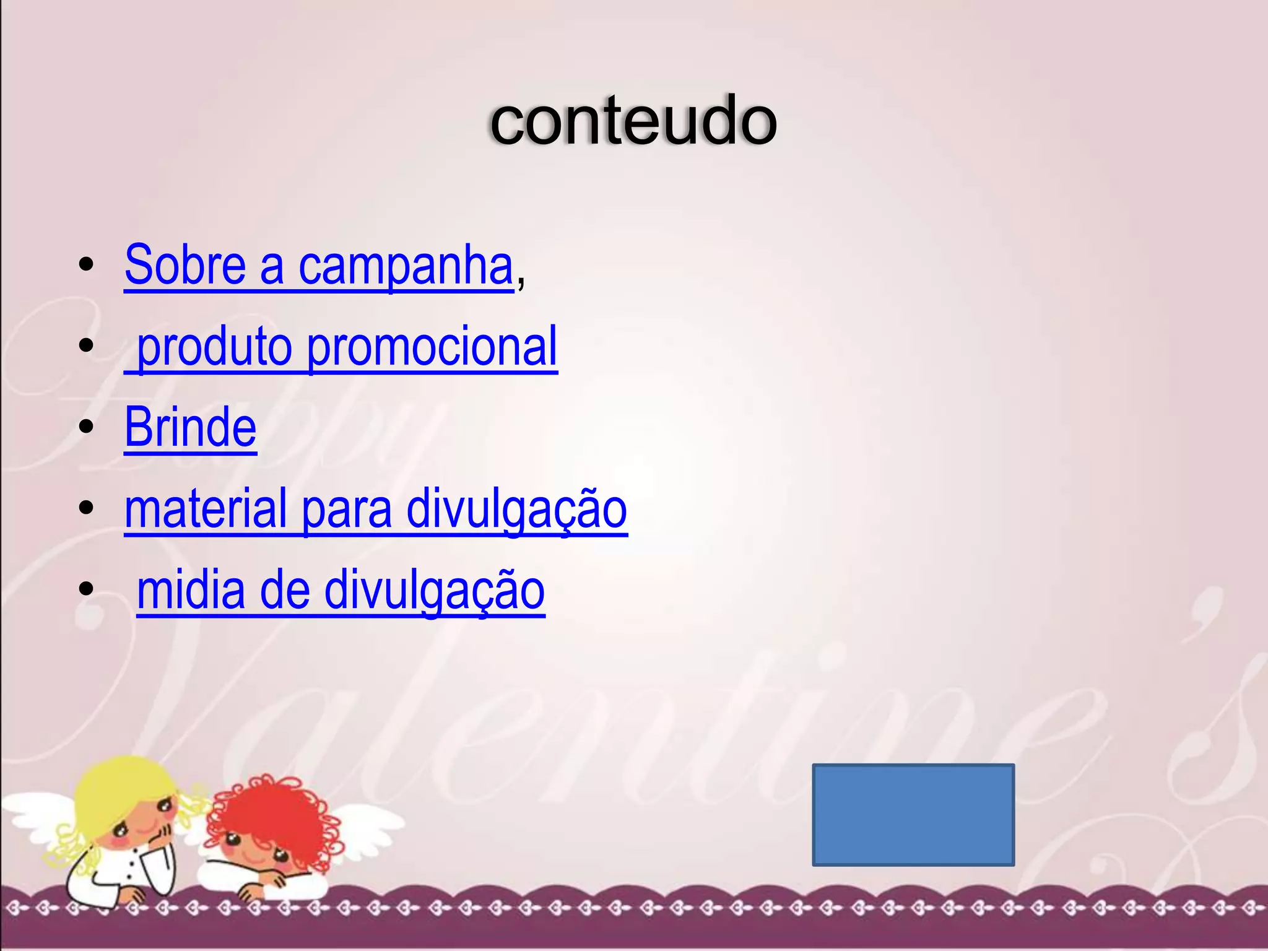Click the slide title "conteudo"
633,121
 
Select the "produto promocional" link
347,347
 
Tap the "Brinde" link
191,427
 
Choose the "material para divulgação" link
376,509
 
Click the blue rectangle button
913,814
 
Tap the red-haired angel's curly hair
272,805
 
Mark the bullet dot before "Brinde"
87,427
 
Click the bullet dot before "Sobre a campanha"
87,265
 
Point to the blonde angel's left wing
37,811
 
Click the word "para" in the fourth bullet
347,509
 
